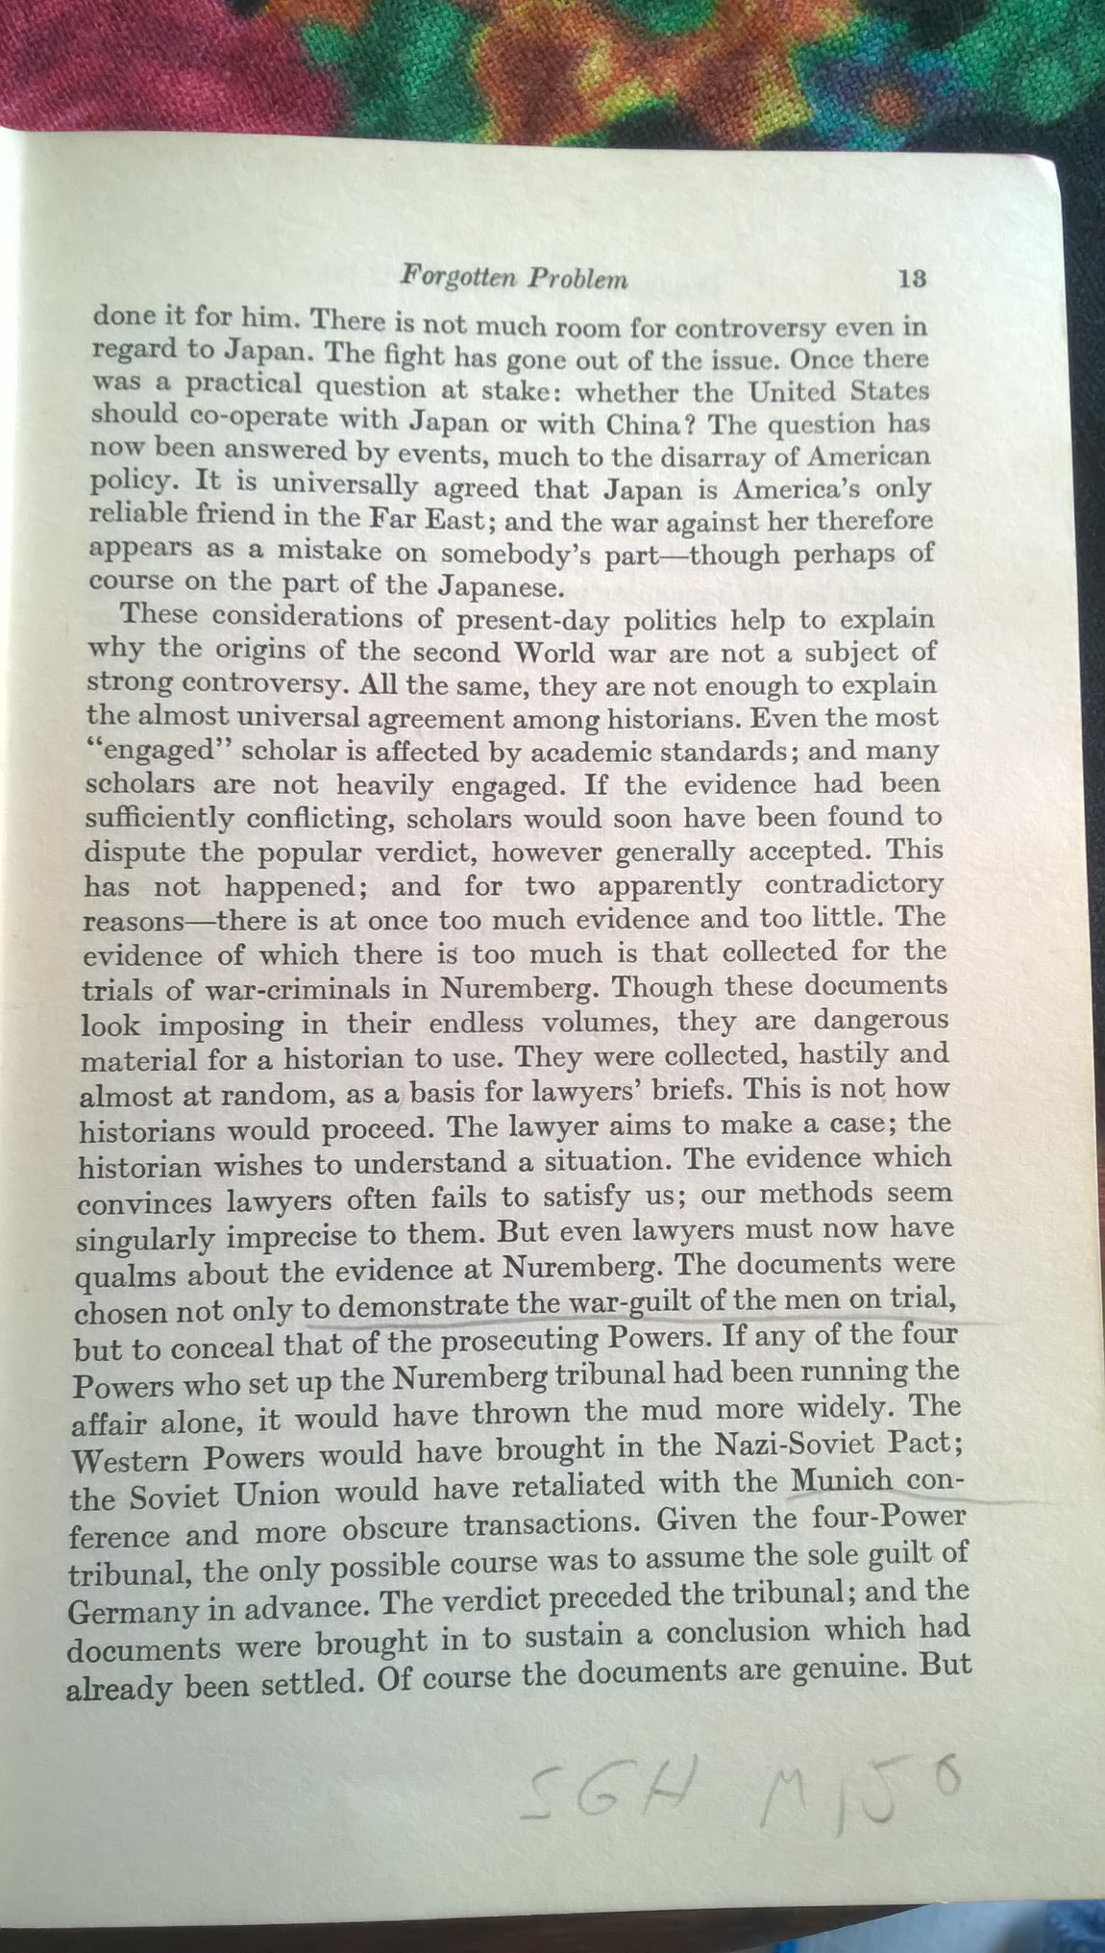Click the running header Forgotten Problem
[513, 278]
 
